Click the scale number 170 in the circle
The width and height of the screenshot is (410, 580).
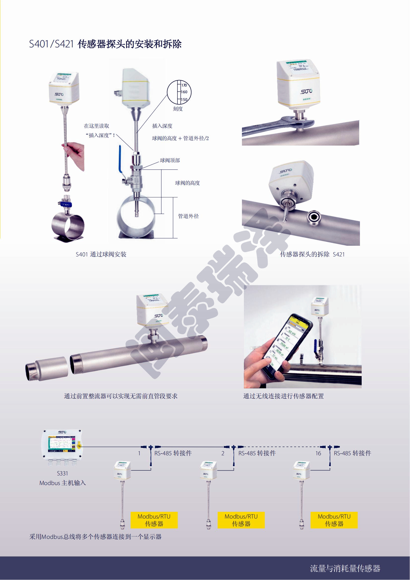(x=184, y=85)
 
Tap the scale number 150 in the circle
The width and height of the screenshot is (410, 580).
(x=184, y=99)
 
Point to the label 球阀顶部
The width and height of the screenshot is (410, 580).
(x=170, y=160)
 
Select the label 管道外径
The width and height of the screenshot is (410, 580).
(x=188, y=216)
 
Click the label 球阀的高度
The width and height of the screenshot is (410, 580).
(x=187, y=183)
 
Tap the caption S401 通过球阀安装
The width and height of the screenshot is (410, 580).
(x=101, y=254)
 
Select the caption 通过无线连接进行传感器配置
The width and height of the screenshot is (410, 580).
(x=283, y=396)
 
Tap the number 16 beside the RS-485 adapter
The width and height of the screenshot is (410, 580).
(x=318, y=454)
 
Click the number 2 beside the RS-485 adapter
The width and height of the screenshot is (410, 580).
(x=223, y=454)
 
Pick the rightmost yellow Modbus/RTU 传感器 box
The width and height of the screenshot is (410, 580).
(x=334, y=520)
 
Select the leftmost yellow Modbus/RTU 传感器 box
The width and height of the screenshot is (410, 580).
(x=154, y=520)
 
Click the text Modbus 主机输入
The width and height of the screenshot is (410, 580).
(x=63, y=483)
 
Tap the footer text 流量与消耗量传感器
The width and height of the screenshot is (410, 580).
(x=345, y=568)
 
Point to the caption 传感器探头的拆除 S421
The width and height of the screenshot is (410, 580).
(x=312, y=254)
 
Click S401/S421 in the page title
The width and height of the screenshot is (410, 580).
(x=51, y=44)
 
